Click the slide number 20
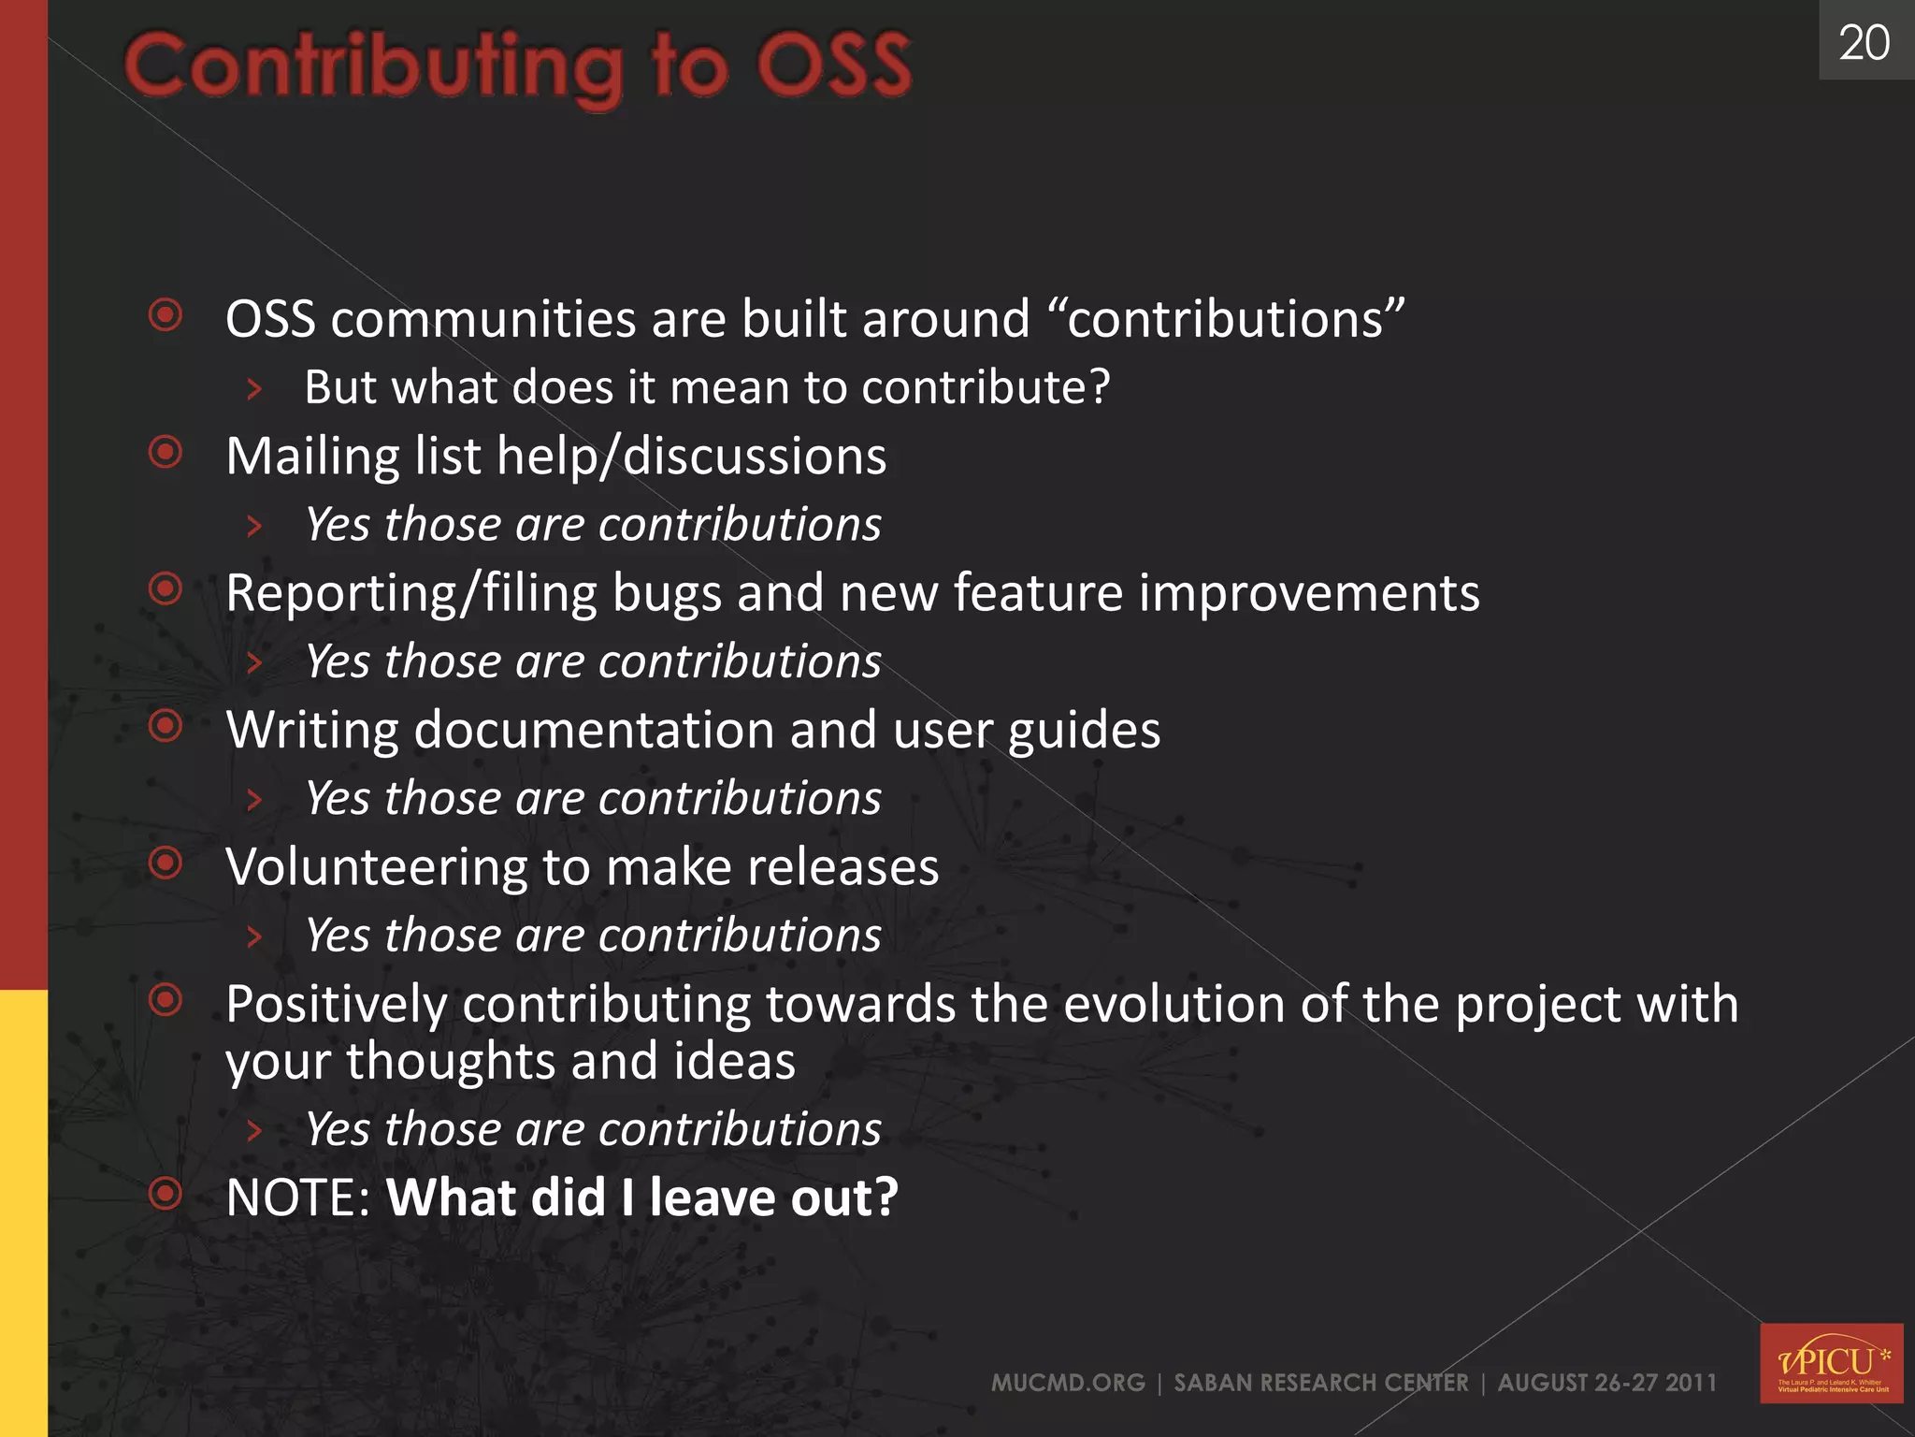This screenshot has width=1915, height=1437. [1864, 43]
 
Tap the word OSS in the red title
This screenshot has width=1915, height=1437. [833, 65]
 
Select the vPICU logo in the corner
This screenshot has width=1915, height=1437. [1831, 1362]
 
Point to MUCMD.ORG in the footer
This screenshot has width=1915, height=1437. [1068, 1383]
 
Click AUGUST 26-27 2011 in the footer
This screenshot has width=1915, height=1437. [1606, 1383]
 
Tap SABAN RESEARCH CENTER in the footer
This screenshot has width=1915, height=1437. [1320, 1383]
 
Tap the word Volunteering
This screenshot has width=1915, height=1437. [376, 867]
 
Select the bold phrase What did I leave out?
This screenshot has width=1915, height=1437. [641, 1197]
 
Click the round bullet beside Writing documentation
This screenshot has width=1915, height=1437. [166, 726]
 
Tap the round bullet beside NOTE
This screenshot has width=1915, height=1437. [166, 1193]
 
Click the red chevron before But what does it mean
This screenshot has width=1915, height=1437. [253, 388]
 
